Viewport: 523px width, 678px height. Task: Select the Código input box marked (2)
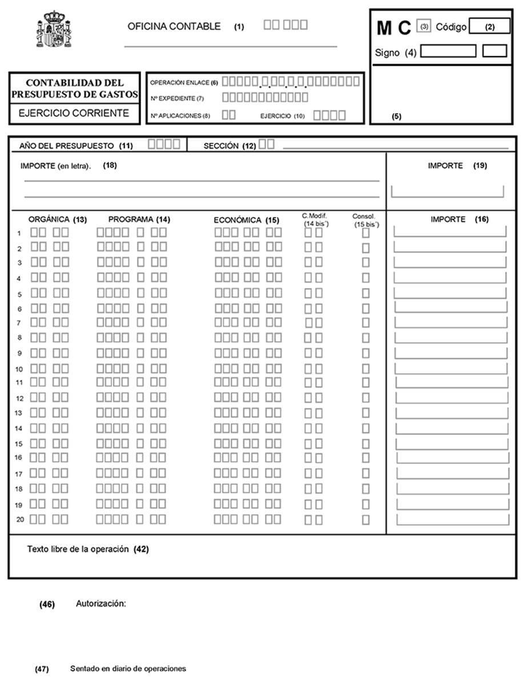pos(489,27)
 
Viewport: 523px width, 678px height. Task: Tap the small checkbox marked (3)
pos(424,27)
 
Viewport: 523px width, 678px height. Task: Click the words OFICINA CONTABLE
pos(174,26)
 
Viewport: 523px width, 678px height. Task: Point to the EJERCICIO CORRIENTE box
pos(74,113)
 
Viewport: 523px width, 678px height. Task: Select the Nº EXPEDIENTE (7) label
pos(177,98)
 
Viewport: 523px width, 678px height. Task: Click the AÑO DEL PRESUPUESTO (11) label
pos(75,146)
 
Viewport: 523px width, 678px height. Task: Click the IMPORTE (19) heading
pos(457,166)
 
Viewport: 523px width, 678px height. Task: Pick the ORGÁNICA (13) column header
pos(57,219)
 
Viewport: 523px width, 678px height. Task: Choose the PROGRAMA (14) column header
pos(139,219)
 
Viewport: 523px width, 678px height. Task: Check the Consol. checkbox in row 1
pos(365,232)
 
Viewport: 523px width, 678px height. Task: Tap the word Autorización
pos(100,604)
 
